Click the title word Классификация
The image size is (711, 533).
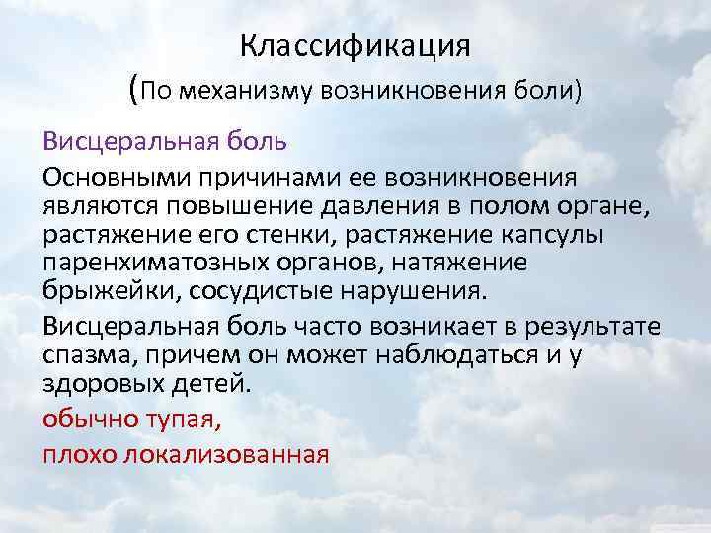pyautogui.click(x=355, y=46)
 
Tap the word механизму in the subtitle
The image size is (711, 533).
pyautogui.click(x=245, y=92)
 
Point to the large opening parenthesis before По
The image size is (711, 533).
pyautogui.click(x=133, y=90)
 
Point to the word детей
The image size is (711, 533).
pyautogui.click(x=212, y=383)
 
